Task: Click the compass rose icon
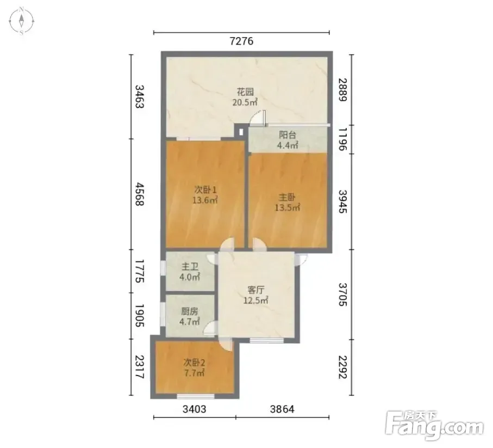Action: coord(21,21)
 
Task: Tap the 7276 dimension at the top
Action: coord(241,41)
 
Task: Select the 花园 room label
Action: coord(245,92)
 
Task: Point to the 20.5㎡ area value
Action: coord(245,102)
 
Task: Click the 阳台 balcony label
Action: coord(288,135)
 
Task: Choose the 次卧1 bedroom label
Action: coord(205,190)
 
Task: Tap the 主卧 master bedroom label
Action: coord(287,198)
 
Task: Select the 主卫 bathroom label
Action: coord(190,267)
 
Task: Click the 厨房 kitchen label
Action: coord(190,311)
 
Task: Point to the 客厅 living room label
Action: coord(255,290)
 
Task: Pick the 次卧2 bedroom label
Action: coord(194,363)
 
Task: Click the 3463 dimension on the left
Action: coord(139,97)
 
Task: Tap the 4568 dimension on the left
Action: coord(139,194)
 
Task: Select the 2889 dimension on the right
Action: coord(343,90)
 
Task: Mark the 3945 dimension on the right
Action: coord(343,201)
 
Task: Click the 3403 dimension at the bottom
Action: coord(195,409)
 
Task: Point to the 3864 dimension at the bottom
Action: coord(282,409)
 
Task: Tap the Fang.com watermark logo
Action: coord(434,425)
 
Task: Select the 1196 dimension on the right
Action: coord(343,139)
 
